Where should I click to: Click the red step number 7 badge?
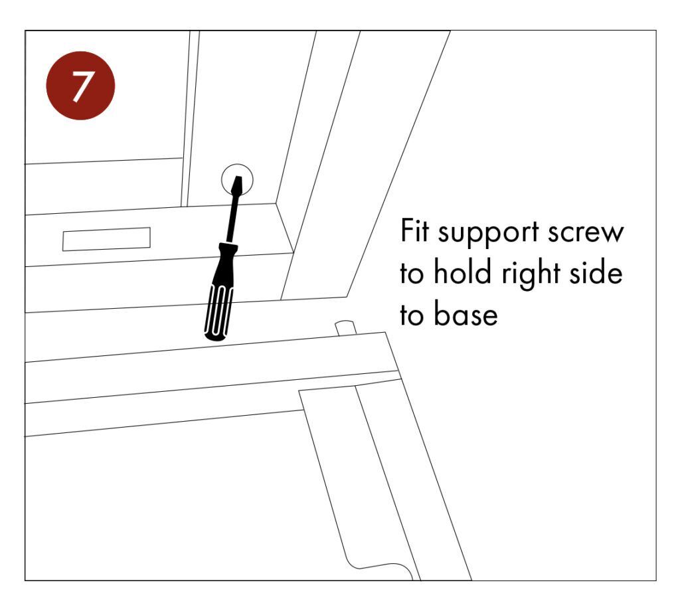pyautogui.click(x=80, y=86)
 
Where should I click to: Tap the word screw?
pyautogui.click(x=590, y=233)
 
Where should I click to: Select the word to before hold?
pyautogui.click(x=413, y=274)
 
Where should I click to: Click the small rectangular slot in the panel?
pyautogui.click(x=107, y=238)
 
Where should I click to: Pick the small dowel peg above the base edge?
pyautogui.click(x=345, y=327)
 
